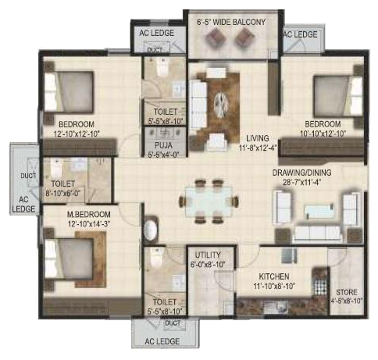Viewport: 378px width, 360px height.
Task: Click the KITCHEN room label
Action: [274, 276]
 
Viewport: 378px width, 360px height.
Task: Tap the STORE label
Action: [347, 292]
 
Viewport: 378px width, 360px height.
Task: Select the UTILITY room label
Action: [208, 255]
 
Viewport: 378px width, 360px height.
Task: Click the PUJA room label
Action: [163, 145]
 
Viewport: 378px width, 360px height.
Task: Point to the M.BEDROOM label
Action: [89, 215]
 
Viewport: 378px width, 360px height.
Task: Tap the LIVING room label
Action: [258, 138]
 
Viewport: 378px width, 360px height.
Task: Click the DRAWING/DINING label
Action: [301, 173]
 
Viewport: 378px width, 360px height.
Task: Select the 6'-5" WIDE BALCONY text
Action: [231, 22]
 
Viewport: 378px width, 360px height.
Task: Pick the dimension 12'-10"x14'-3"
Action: [89, 224]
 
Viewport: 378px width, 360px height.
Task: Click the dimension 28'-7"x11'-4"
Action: [301, 182]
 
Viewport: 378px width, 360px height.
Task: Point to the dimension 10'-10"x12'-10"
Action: [323, 134]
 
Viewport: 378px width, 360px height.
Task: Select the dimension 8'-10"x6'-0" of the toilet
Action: [63, 194]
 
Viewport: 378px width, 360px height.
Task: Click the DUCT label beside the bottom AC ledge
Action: [173, 323]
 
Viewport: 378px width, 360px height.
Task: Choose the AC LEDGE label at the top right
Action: [300, 34]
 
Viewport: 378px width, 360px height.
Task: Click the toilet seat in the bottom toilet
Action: [156, 257]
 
